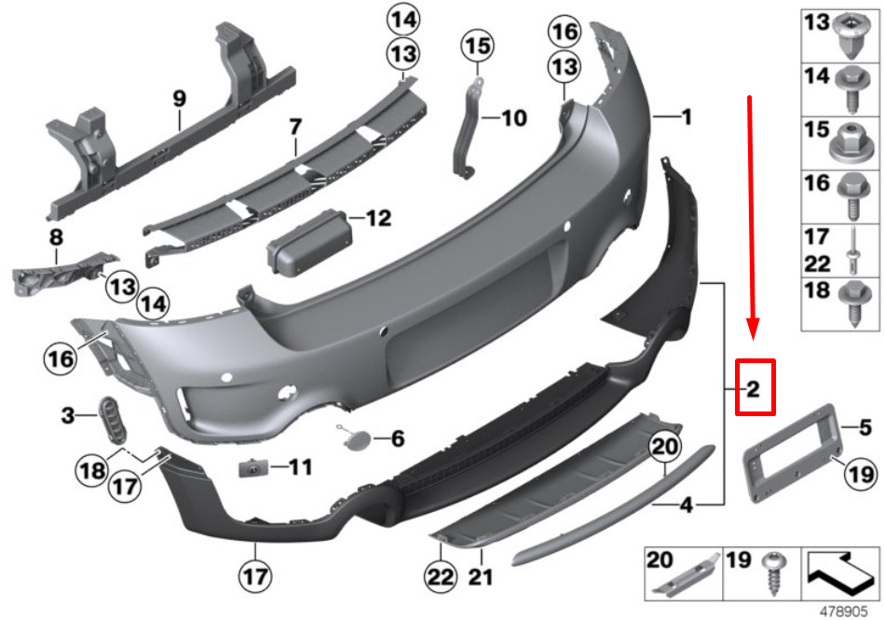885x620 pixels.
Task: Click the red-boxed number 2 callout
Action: click(x=755, y=388)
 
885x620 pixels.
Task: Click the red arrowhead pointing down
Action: click(x=753, y=330)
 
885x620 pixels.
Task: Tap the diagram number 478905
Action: click(x=843, y=611)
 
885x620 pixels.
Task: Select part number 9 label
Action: click(x=179, y=99)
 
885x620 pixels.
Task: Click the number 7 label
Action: click(x=295, y=127)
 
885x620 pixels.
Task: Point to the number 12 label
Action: click(x=378, y=218)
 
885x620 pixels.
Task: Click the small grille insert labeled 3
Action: click(x=113, y=420)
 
